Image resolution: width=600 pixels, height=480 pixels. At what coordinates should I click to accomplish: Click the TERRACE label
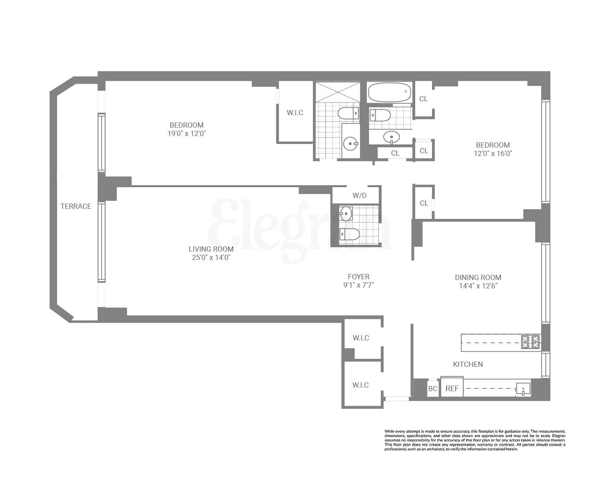[76, 206]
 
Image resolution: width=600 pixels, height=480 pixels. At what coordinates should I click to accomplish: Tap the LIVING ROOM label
[211, 249]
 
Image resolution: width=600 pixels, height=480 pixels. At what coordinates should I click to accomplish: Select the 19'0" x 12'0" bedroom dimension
[186, 134]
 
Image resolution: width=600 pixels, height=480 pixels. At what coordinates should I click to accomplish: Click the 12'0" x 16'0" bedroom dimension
[493, 153]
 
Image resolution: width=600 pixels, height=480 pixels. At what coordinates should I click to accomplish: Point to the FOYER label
[358, 277]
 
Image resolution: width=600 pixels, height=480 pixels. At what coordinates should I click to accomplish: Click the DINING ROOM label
[478, 278]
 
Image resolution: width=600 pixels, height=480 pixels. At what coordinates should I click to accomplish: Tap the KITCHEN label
[468, 364]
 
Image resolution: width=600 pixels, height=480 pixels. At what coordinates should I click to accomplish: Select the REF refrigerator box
[452, 388]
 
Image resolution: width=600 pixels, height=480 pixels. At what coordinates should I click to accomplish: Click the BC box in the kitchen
[433, 388]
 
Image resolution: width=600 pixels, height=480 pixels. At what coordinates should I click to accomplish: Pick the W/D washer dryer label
[359, 196]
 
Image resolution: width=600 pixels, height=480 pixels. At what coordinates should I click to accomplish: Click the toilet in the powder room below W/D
[349, 234]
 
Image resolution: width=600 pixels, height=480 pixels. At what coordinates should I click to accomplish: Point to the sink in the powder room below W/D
[345, 214]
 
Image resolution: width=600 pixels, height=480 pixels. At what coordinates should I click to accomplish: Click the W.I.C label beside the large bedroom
[295, 113]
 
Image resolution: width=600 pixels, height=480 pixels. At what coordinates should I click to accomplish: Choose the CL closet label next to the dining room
[424, 203]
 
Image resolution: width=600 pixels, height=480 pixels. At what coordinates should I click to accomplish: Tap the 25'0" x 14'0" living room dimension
[211, 258]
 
